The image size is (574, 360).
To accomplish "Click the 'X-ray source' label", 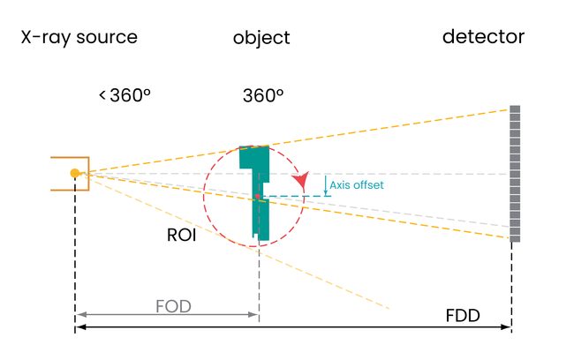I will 79,38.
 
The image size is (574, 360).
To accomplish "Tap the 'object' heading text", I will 261,39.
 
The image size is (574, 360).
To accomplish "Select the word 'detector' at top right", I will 483,37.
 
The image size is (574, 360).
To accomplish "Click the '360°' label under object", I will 263,95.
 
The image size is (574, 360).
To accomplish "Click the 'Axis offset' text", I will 357,185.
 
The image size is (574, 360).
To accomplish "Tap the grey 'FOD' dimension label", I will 173,306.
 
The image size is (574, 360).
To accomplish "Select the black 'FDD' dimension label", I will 463,315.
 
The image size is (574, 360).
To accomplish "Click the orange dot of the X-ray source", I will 75,173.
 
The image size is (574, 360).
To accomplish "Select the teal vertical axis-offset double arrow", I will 326,184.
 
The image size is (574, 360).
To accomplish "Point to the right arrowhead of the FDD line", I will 508,327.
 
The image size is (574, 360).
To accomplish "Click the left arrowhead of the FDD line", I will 79,327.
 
